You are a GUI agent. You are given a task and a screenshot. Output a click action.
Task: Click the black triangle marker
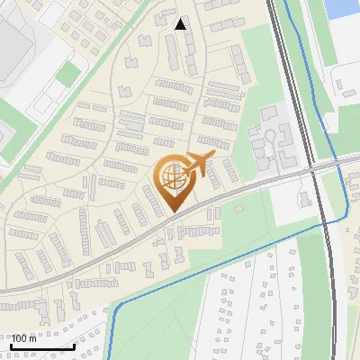coord(181,24)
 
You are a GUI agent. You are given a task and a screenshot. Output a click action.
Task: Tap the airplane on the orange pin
coord(198,165)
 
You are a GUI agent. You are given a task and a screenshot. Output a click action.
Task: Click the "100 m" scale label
coord(24,338)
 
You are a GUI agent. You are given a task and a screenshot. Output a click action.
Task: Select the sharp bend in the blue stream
coord(113,310)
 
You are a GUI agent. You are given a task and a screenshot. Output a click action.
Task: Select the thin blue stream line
coord(225,261)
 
